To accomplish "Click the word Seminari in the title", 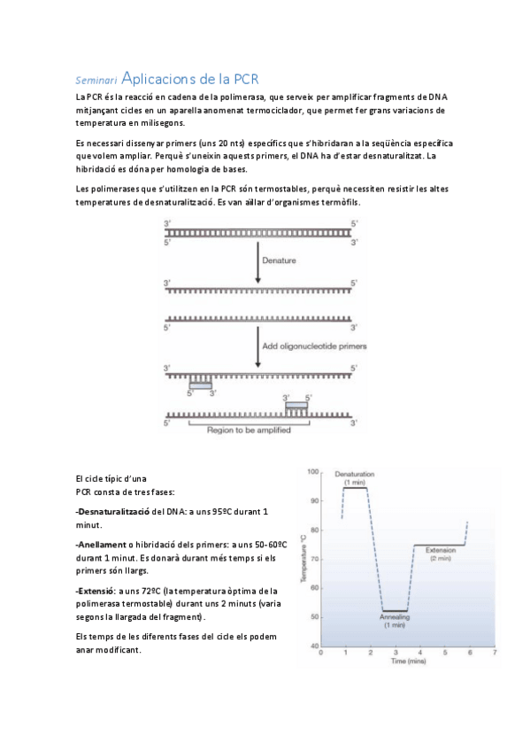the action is pyautogui.click(x=96, y=81).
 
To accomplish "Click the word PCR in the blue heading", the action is pyautogui.click(x=246, y=79).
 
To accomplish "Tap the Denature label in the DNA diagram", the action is pyautogui.click(x=279, y=260).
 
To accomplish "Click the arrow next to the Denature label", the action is pyautogui.click(x=257, y=262).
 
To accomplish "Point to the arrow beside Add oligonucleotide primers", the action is pyautogui.click(x=257, y=347).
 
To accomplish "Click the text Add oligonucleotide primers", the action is pyautogui.click(x=314, y=345).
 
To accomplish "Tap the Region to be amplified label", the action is pyautogui.click(x=249, y=430).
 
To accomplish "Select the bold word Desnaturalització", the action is pyautogui.click(x=114, y=512).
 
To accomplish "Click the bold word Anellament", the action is pyautogui.click(x=103, y=545).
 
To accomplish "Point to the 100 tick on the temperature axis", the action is pyautogui.click(x=313, y=472).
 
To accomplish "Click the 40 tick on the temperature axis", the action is pyautogui.click(x=314, y=646).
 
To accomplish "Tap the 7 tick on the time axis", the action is pyautogui.click(x=495, y=653).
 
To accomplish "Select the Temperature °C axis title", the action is pyautogui.click(x=303, y=559).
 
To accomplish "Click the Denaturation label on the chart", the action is pyautogui.click(x=355, y=474).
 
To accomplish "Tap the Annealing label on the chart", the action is pyautogui.click(x=395, y=617).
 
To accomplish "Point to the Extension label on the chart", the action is pyautogui.click(x=441, y=550).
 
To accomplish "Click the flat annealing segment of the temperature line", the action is pyautogui.click(x=395, y=611).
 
